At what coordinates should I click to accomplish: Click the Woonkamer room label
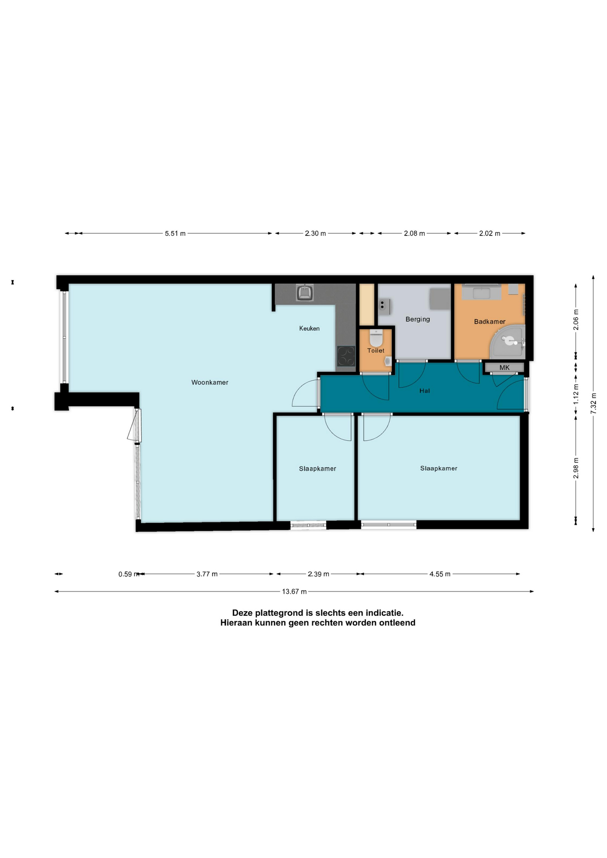(x=210, y=383)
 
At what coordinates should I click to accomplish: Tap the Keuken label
(x=309, y=328)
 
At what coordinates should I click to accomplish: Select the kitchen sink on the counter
(x=305, y=293)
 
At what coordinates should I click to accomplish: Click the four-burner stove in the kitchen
(x=346, y=356)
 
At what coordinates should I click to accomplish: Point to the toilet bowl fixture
(x=376, y=338)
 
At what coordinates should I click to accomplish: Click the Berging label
(x=417, y=319)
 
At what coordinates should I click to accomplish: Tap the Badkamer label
(x=489, y=322)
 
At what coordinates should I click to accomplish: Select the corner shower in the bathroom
(x=509, y=341)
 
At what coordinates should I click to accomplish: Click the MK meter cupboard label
(x=504, y=368)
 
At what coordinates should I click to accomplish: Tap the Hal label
(x=425, y=391)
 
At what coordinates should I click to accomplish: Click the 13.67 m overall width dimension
(x=294, y=592)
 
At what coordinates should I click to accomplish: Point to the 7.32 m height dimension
(x=594, y=403)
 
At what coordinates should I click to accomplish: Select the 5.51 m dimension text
(x=175, y=233)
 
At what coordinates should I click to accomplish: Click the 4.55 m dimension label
(x=440, y=574)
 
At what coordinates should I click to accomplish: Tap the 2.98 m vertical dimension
(x=576, y=468)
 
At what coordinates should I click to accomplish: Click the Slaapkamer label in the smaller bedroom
(x=317, y=469)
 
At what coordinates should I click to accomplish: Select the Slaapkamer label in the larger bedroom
(x=438, y=468)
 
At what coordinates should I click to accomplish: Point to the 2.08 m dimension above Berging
(x=414, y=233)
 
